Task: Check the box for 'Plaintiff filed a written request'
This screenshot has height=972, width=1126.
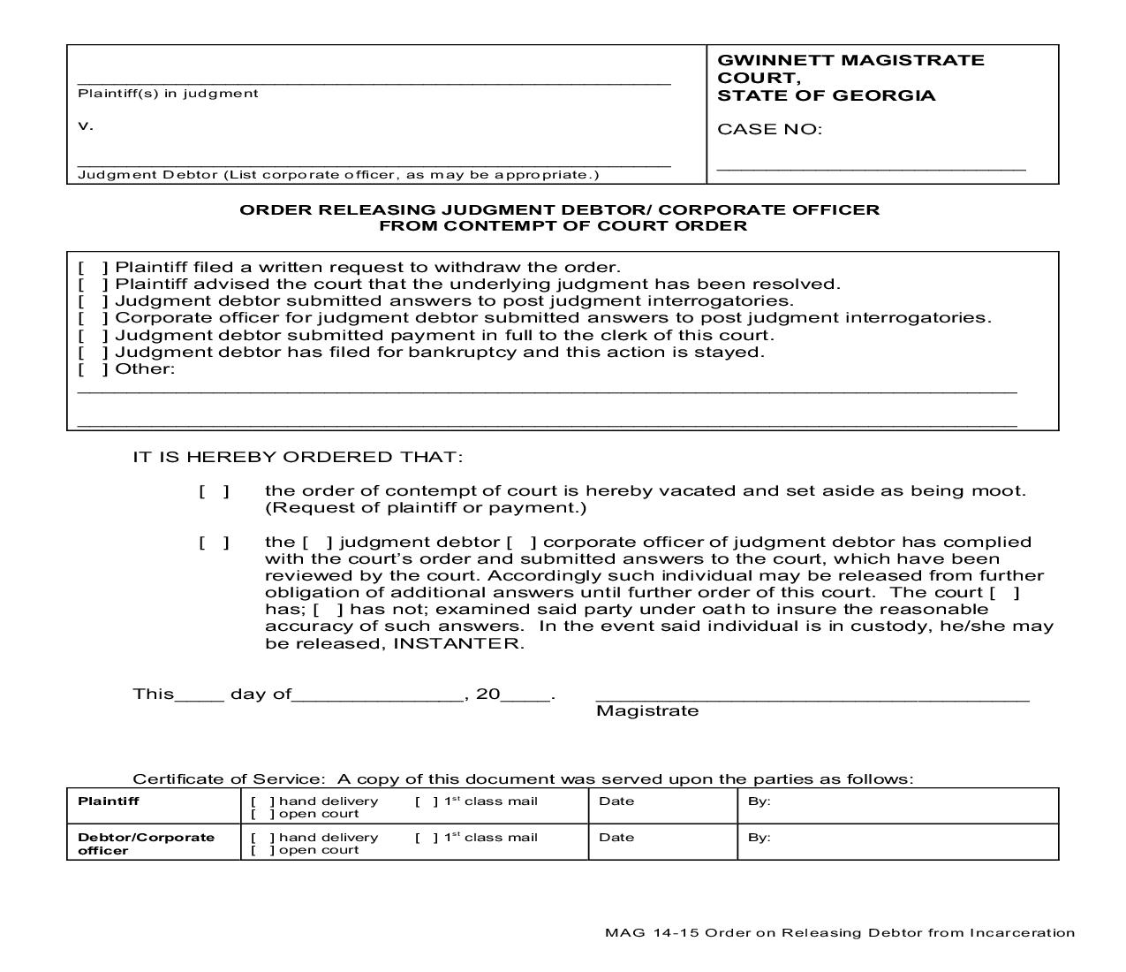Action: [x=93, y=268]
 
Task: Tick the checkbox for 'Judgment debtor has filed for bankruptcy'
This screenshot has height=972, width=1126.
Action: [x=93, y=353]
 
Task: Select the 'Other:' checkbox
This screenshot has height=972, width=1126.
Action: [x=93, y=369]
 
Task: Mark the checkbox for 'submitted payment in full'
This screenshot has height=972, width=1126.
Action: [x=93, y=336]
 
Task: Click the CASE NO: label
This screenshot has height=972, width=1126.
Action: [x=769, y=130]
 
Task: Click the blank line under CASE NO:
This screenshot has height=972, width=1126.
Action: [x=871, y=166]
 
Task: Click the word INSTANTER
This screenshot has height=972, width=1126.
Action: [x=457, y=643]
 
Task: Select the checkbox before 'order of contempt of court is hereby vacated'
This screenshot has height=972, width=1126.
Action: [x=214, y=491]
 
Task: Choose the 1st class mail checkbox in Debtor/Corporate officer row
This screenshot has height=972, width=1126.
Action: [x=425, y=838]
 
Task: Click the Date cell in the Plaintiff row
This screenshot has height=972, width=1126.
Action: [x=662, y=806]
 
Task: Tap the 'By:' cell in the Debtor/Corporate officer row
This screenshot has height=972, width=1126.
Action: [x=897, y=842]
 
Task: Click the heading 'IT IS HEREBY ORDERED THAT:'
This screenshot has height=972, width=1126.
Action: [x=298, y=457]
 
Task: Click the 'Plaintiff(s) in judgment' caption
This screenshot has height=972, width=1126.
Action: [x=168, y=94]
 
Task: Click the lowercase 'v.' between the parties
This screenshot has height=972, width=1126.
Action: [x=86, y=125]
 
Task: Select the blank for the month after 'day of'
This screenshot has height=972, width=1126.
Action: [x=377, y=695]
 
